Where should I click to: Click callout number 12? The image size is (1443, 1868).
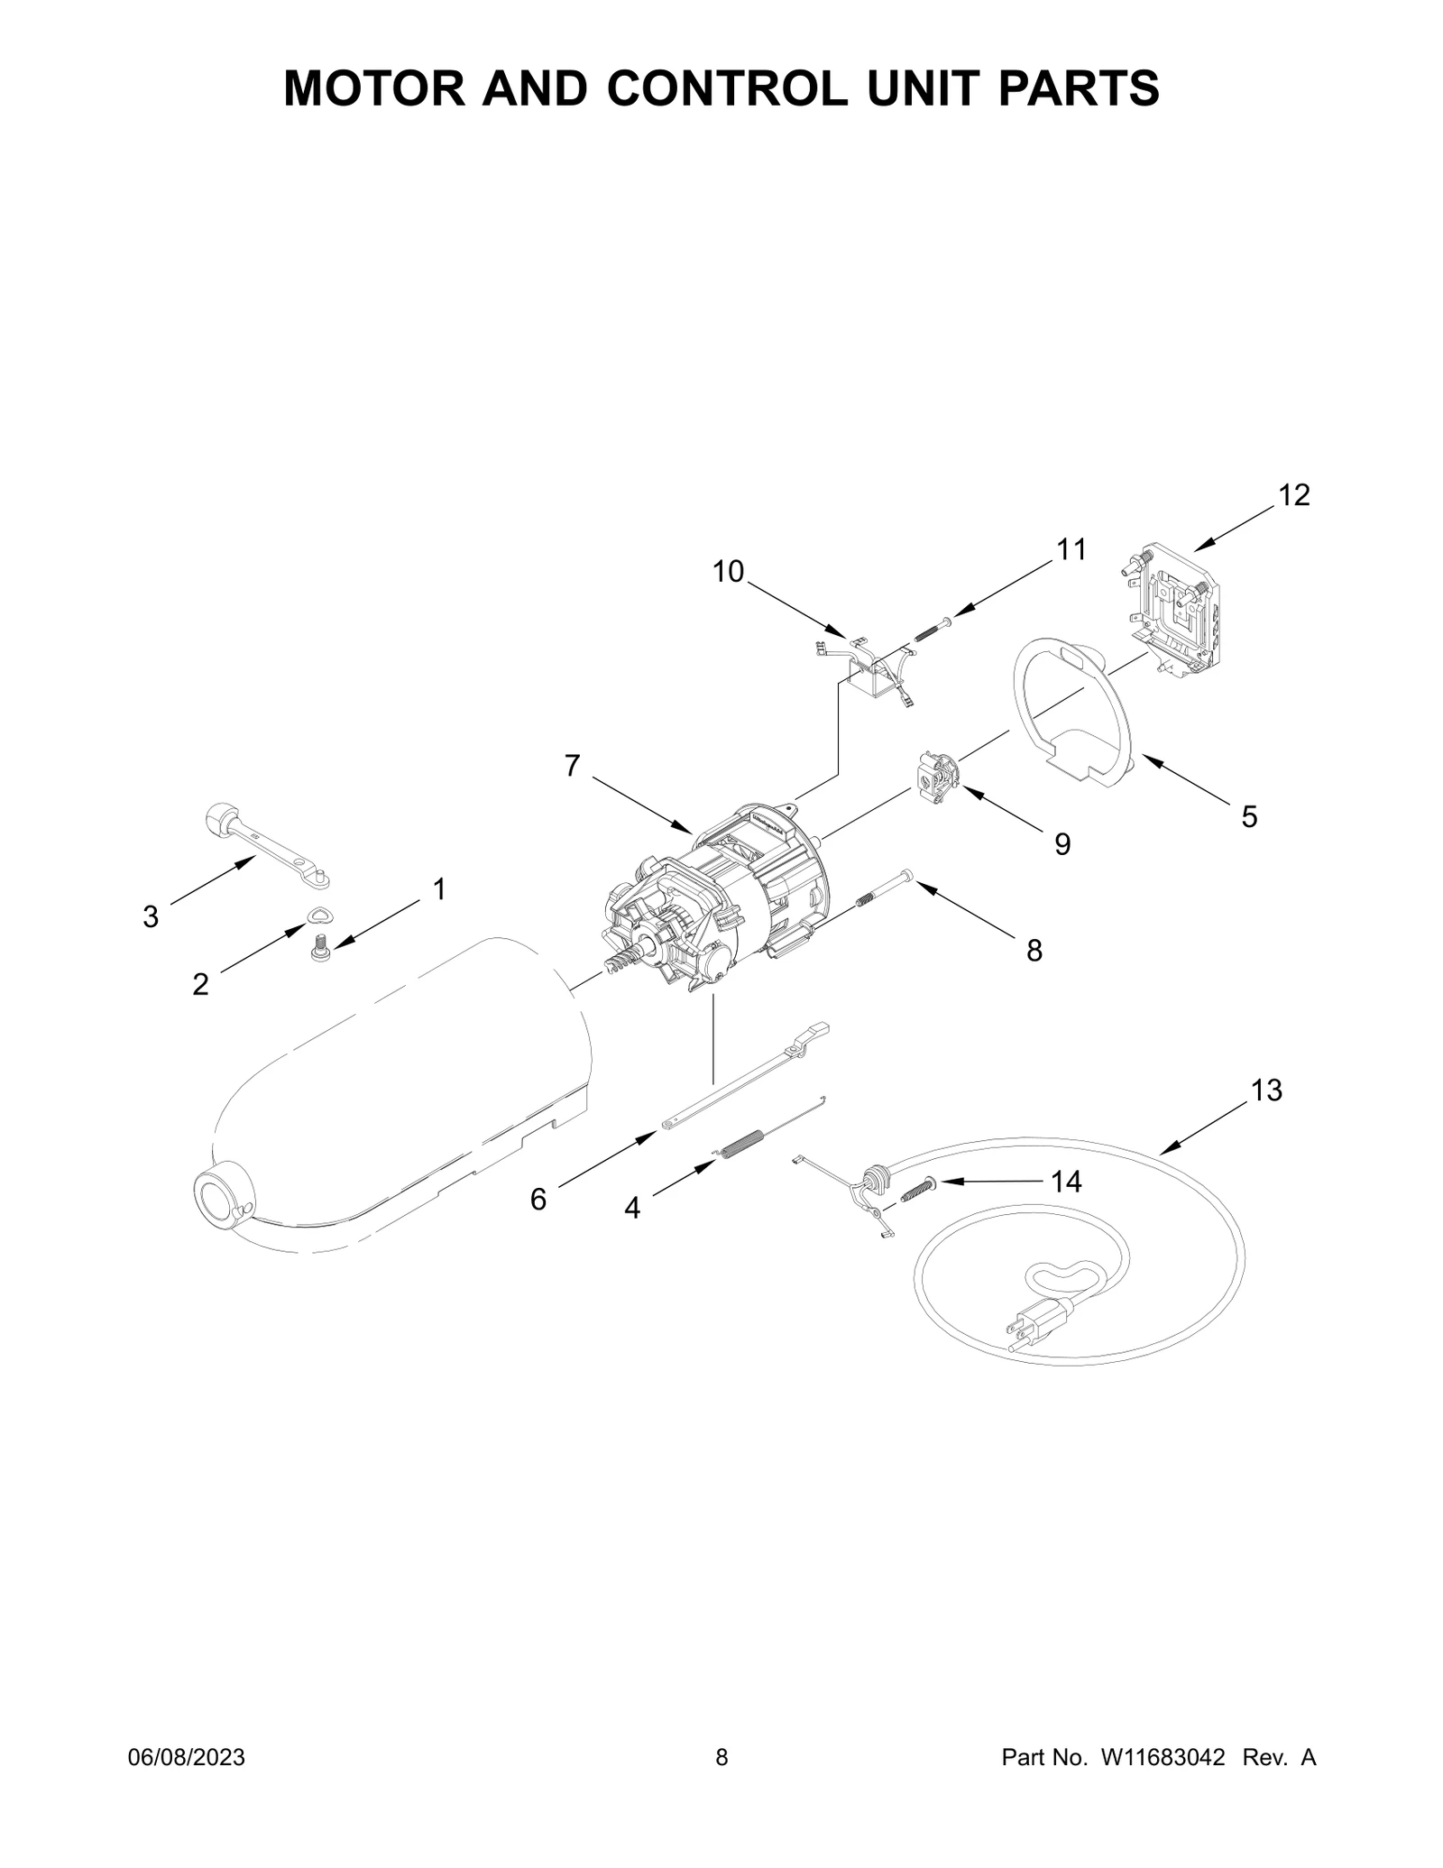1294,495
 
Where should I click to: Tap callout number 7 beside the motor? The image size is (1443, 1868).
573,766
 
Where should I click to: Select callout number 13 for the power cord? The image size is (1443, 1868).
1266,1090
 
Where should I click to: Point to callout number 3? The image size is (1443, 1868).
151,916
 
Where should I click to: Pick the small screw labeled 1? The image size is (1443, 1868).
318,948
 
